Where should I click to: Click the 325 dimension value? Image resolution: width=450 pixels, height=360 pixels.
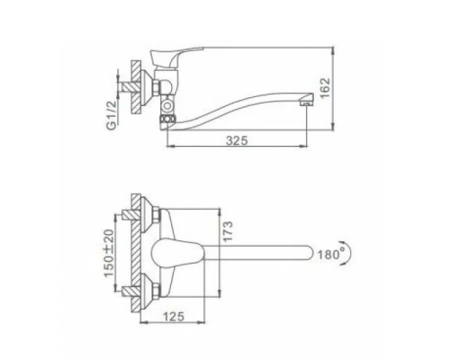pos(237,140)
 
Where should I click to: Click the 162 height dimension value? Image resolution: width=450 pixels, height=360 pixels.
pos(325,88)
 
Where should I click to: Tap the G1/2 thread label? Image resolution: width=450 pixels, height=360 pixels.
pos(111,115)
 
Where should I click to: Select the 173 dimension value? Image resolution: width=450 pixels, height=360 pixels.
pos(228,231)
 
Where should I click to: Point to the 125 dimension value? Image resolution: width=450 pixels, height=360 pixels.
pos(174,316)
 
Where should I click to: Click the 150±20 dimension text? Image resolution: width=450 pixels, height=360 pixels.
pos(109,253)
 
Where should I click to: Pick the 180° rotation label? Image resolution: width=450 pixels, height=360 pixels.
pos(331,255)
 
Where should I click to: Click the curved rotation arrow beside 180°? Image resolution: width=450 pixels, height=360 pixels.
pos(347,253)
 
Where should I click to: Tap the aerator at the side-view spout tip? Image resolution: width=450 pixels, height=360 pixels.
pos(305,103)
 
